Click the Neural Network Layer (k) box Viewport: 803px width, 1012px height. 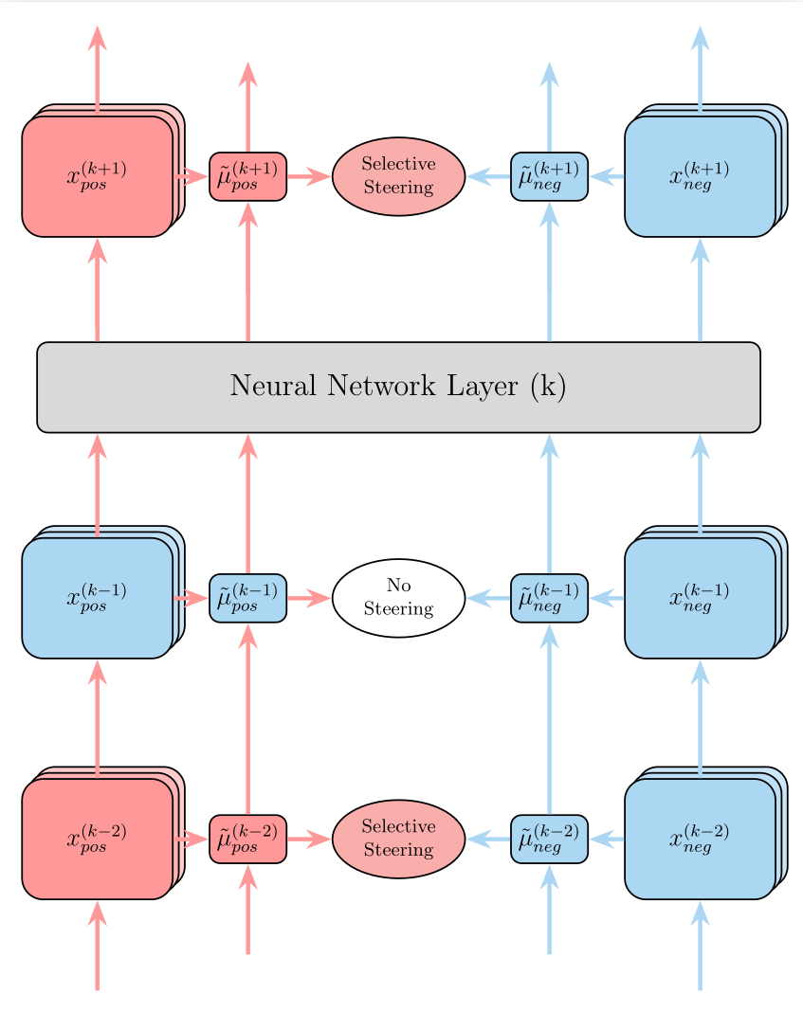398,387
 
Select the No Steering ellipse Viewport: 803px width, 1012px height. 398,598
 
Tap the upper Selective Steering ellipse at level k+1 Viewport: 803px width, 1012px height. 398,176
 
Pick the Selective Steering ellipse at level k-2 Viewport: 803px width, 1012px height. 398,839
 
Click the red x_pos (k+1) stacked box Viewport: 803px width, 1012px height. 97,176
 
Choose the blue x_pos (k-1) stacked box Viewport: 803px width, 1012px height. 97,598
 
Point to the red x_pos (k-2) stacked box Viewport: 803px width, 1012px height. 97,839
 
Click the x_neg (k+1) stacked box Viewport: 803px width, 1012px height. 700,176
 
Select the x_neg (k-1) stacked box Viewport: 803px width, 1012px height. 700,598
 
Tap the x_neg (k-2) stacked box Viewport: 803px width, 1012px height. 700,839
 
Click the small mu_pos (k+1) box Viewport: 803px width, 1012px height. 247,176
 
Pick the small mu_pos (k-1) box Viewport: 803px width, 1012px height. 247,598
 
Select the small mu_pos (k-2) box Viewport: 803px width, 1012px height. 247,839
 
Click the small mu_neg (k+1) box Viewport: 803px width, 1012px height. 549,176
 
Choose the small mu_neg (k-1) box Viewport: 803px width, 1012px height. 549,598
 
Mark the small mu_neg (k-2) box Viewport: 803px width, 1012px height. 549,839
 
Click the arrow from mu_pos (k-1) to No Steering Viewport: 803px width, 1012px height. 307,598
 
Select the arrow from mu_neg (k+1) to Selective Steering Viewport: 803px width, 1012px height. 488,176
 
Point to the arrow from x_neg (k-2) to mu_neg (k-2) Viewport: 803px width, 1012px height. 607,839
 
